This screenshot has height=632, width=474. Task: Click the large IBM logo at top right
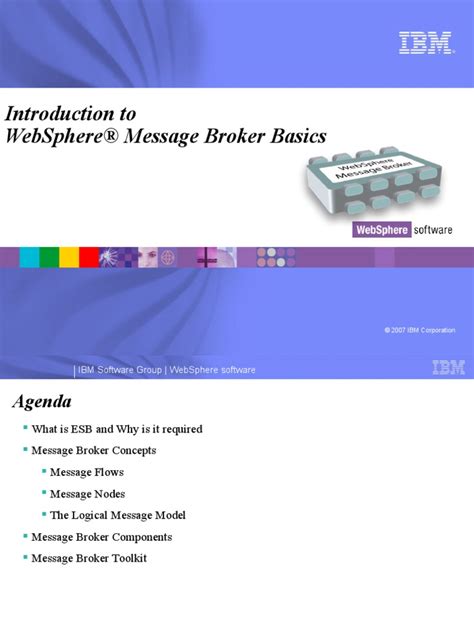tap(425, 43)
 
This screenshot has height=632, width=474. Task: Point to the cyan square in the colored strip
tap(30, 258)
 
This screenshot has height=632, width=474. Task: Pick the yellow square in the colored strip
tap(69, 258)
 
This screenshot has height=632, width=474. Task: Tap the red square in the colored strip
tap(88, 258)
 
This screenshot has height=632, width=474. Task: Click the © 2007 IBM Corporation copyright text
tap(419, 330)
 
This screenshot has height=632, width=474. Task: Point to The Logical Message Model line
tap(117, 515)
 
